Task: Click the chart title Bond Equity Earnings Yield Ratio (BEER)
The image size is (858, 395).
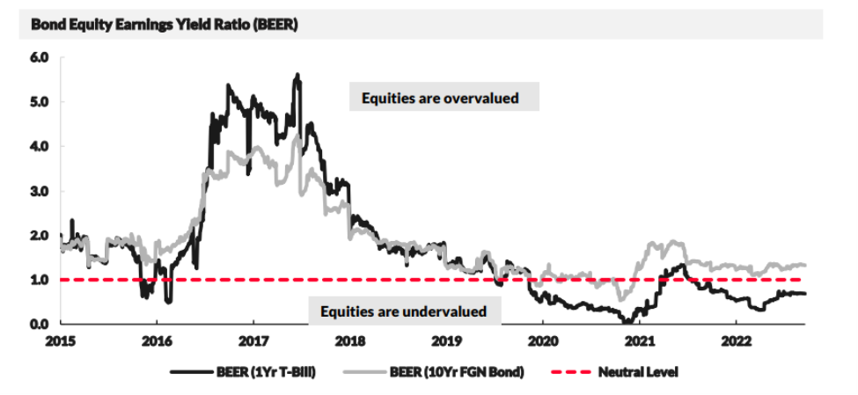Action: coord(164,24)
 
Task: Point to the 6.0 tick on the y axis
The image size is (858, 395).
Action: coord(40,58)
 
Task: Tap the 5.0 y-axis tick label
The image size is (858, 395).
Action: coord(40,102)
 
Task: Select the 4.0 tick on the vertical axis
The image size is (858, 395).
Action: coord(40,146)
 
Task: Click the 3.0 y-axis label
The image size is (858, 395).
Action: coord(40,191)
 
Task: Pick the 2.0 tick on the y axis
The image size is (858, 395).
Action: coord(40,235)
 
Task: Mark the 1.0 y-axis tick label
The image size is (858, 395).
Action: coord(40,280)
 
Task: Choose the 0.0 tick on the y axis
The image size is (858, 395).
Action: coord(40,324)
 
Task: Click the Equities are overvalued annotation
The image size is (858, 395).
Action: coord(444,98)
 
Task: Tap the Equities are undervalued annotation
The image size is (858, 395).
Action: coord(404,311)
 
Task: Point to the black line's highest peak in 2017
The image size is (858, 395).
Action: coord(297,75)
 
